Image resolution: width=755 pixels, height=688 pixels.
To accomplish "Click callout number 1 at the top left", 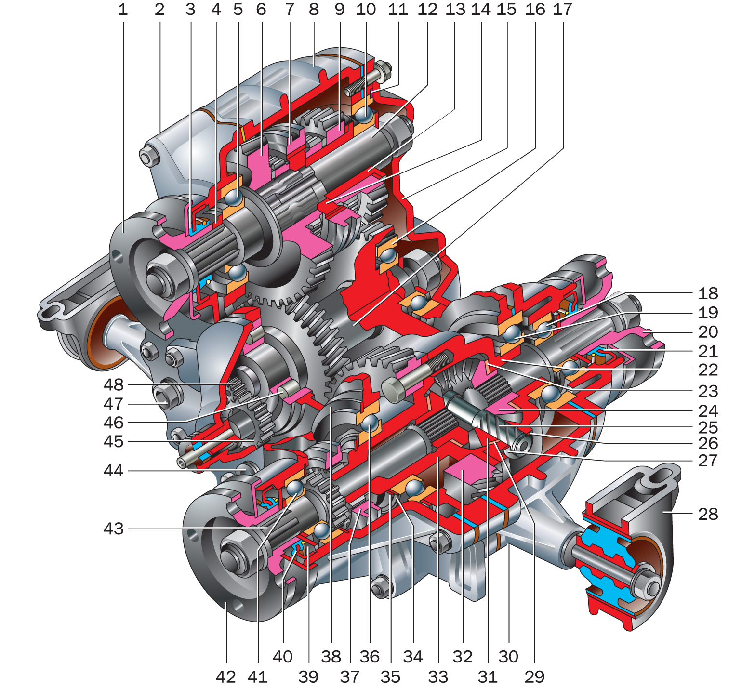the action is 123,9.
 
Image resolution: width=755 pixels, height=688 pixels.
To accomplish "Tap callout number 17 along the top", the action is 562,9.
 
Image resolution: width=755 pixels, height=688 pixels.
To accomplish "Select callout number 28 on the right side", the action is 708,514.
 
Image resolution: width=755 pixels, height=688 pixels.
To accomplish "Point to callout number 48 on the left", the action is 114,384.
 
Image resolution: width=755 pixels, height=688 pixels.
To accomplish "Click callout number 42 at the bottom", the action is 225,676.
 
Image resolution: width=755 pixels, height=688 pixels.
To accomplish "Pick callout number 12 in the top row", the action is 427,9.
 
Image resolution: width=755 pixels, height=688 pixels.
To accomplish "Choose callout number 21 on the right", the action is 708,351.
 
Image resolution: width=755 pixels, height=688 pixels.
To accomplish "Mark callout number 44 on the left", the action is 114,470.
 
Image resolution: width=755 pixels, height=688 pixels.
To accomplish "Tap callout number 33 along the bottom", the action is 438,676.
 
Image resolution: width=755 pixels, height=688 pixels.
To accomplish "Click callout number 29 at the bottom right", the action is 534,676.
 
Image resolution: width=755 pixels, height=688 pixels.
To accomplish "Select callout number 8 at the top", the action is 314,9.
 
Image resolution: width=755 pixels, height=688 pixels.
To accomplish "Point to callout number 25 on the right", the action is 708,427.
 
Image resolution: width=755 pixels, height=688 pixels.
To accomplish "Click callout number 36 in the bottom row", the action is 370,656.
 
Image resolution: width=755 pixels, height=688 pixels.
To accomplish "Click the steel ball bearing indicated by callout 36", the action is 370,422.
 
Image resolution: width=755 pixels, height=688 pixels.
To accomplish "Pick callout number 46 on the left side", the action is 114,423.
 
